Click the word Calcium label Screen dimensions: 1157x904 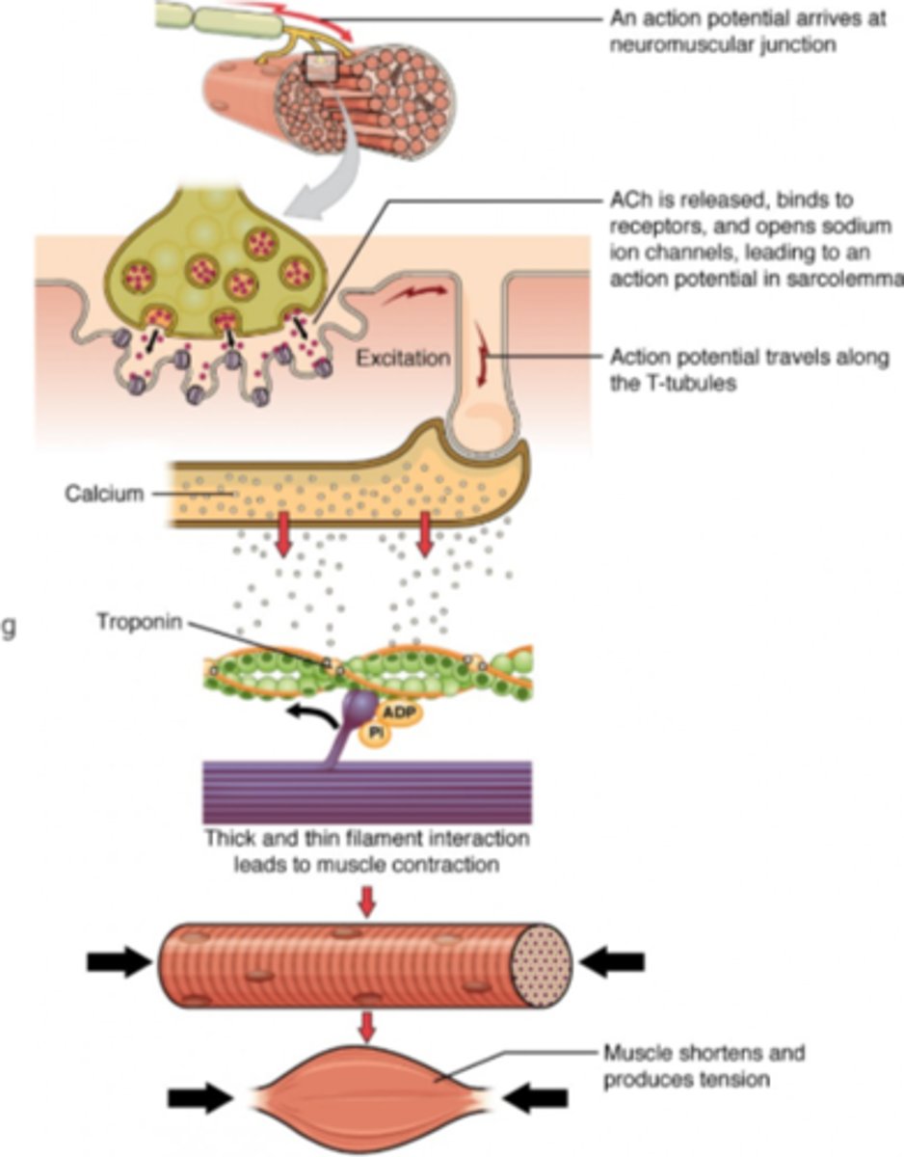104,494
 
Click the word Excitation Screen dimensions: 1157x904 403,359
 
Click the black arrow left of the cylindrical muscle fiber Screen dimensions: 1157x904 120,961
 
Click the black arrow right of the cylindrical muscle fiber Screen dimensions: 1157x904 613,961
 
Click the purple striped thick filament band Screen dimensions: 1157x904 367,792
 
